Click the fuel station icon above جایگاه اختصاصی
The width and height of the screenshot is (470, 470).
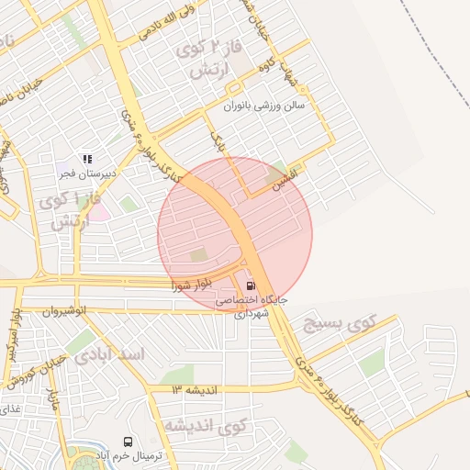251,285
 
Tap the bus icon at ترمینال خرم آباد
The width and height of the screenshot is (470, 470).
128,442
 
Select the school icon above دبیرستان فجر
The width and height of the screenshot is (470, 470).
87,159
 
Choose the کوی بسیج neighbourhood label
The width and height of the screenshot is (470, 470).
340,322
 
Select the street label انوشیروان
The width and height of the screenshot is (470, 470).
62,311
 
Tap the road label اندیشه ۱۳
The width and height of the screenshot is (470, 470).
196,389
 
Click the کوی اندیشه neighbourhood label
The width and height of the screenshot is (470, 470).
207,425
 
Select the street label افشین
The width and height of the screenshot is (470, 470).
284,180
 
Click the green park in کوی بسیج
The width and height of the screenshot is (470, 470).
372,364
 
